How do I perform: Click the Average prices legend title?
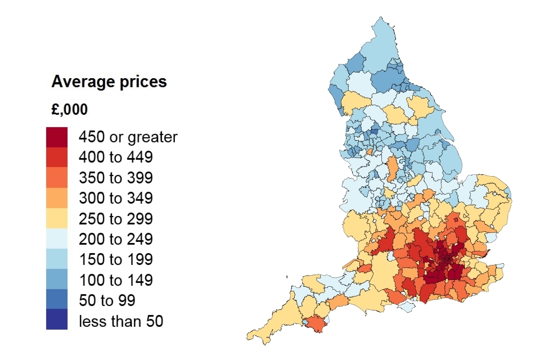(109, 82)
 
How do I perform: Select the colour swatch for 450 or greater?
(57, 137)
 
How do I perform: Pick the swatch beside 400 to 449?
(57, 157)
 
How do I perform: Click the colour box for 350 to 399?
(57, 178)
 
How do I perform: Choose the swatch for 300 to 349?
(57, 198)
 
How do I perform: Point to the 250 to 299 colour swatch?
(57, 218)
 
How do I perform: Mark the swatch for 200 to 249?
(57, 238)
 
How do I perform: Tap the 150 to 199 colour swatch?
(57, 259)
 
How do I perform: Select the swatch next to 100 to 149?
(57, 279)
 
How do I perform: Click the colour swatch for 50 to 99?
(57, 299)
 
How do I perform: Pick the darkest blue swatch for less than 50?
(57, 319)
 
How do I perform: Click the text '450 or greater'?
(128, 137)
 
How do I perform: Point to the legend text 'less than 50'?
(120, 322)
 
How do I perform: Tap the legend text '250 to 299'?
(115, 219)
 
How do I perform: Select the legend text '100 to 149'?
(115, 280)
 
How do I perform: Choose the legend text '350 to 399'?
(115, 178)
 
